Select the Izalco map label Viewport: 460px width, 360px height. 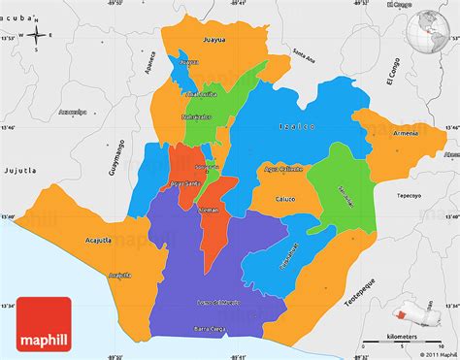click(292, 126)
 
